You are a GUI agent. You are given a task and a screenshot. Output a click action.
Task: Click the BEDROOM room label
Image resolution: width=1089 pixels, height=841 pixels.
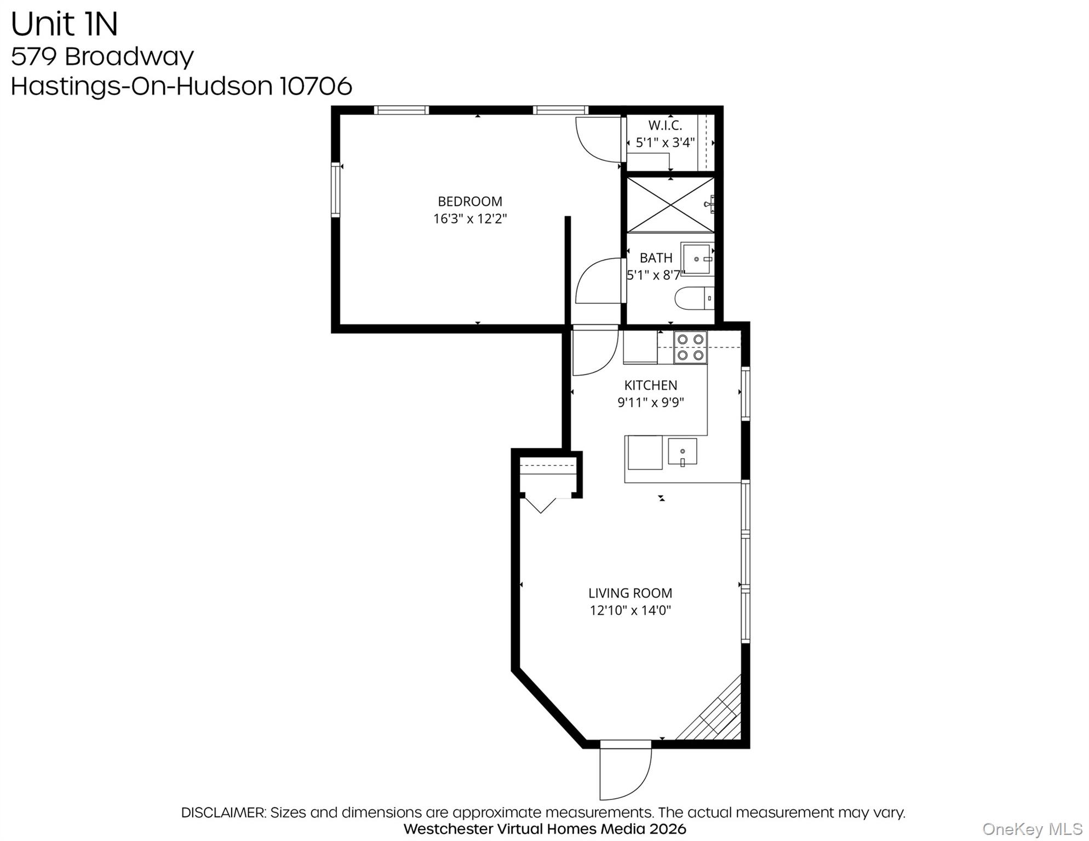click(x=469, y=201)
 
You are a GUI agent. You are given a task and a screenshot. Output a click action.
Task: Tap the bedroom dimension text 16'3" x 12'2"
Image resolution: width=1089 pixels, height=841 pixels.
click(x=469, y=219)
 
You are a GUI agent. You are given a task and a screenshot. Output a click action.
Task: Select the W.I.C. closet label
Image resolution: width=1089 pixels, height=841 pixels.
click(x=664, y=125)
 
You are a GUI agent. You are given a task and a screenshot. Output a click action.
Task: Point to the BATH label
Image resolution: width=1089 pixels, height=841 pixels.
click(x=655, y=258)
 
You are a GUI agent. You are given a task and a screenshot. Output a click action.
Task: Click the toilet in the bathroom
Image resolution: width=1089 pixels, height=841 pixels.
click(x=693, y=298)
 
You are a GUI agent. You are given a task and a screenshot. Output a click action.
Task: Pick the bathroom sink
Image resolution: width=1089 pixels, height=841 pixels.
click(x=697, y=259)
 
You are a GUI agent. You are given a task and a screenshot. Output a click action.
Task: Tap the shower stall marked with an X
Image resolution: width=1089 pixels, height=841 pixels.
click(x=670, y=205)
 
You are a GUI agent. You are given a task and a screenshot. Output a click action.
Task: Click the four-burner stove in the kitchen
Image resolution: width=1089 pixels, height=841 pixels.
click(x=690, y=347)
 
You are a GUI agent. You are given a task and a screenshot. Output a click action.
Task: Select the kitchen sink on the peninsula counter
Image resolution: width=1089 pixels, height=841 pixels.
click(x=682, y=452)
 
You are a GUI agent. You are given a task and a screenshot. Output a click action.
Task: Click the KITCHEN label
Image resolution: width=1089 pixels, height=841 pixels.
click(x=650, y=385)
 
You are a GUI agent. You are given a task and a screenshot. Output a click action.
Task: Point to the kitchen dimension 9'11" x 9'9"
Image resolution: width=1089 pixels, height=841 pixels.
click(x=650, y=402)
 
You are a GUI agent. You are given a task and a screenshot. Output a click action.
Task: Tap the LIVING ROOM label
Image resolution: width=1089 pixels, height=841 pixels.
click(x=630, y=593)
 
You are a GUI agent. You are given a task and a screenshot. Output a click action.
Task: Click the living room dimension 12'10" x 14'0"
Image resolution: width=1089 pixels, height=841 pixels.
click(x=630, y=610)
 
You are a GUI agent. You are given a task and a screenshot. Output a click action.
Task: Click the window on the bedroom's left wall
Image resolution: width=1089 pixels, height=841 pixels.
click(x=335, y=189)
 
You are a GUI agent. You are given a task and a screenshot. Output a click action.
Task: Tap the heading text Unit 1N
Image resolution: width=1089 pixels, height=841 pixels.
click(x=64, y=24)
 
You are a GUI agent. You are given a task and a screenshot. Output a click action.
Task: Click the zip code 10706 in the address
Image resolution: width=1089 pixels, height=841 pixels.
click(x=316, y=86)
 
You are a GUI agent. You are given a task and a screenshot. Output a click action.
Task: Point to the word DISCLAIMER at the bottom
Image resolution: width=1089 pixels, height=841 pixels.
click(x=223, y=813)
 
